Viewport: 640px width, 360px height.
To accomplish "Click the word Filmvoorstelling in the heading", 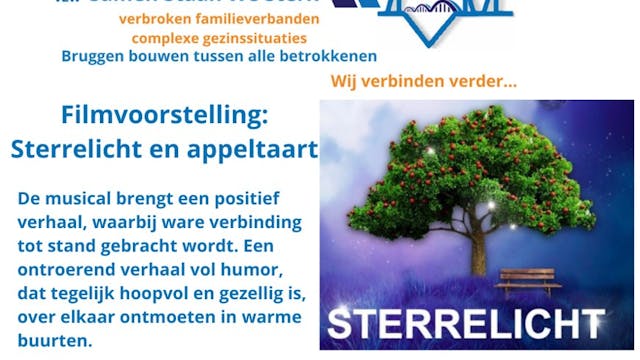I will (x=164, y=115).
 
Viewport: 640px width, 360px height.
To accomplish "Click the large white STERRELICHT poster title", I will (x=466, y=324).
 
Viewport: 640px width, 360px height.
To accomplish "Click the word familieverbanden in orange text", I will (x=273, y=19).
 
